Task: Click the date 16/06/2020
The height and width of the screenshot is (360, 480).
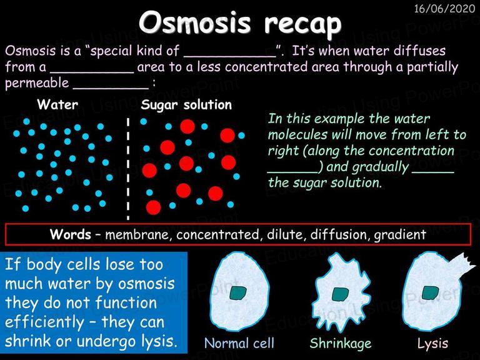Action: pyautogui.click(x=444, y=8)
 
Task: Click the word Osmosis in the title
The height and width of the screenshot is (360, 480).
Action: pyautogui.click(x=195, y=23)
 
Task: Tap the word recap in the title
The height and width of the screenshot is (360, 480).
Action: pyautogui.click(x=303, y=24)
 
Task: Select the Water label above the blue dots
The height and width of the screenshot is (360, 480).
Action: pyautogui.click(x=57, y=104)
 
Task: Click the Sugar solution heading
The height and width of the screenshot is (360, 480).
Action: pyautogui.click(x=186, y=105)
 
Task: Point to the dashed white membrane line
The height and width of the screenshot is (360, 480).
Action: pyautogui.click(x=128, y=169)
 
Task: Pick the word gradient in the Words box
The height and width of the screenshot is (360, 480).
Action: pyautogui.click(x=400, y=235)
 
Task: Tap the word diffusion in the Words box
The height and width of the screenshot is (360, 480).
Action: pyautogui.click(x=339, y=234)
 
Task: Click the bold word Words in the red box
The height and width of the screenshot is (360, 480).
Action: pyautogui.click(x=71, y=234)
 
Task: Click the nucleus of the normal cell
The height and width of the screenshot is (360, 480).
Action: pyautogui.click(x=238, y=293)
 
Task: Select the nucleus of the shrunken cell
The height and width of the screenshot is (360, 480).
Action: pyautogui.click(x=340, y=294)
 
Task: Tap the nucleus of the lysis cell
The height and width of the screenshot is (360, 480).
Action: pyautogui.click(x=430, y=293)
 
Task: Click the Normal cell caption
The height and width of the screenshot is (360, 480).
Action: pyautogui.click(x=239, y=343)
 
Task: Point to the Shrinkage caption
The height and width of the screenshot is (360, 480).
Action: pyautogui.click(x=341, y=344)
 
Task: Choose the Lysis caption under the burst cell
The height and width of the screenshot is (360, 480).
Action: pyautogui.click(x=432, y=344)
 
